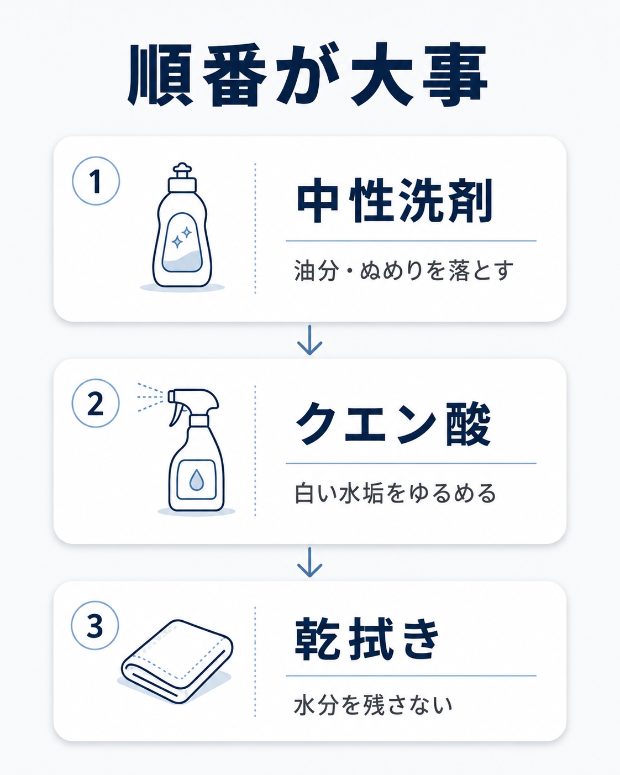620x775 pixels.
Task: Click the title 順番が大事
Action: click(308, 75)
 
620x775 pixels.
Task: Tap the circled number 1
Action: click(96, 181)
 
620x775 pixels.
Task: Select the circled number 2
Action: click(96, 403)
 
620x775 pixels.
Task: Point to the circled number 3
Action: click(95, 626)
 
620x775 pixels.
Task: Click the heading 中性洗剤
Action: click(395, 201)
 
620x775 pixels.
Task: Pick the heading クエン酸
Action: click(393, 424)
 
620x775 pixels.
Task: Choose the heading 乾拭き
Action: click(367, 640)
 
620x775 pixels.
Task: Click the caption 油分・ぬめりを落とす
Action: click(403, 271)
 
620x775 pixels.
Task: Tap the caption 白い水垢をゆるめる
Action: click(395, 494)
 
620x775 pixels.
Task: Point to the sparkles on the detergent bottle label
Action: click(182, 237)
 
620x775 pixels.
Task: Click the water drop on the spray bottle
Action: click(197, 480)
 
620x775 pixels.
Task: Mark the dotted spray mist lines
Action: click(150, 397)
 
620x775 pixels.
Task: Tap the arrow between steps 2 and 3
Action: click(309, 562)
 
